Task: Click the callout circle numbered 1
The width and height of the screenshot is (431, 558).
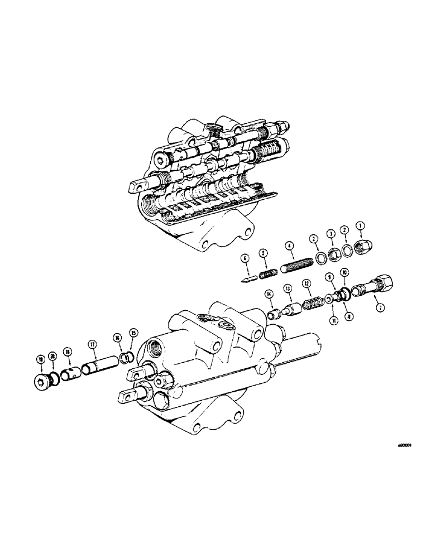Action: tap(360, 225)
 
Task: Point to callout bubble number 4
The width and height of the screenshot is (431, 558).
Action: tap(289, 246)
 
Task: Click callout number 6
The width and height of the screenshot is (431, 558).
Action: tap(244, 258)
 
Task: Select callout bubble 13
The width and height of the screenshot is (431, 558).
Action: tap(288, 288)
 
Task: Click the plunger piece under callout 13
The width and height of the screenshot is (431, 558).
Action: tap(291, 309)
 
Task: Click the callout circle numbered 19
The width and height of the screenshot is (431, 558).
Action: tap(40, 360)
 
